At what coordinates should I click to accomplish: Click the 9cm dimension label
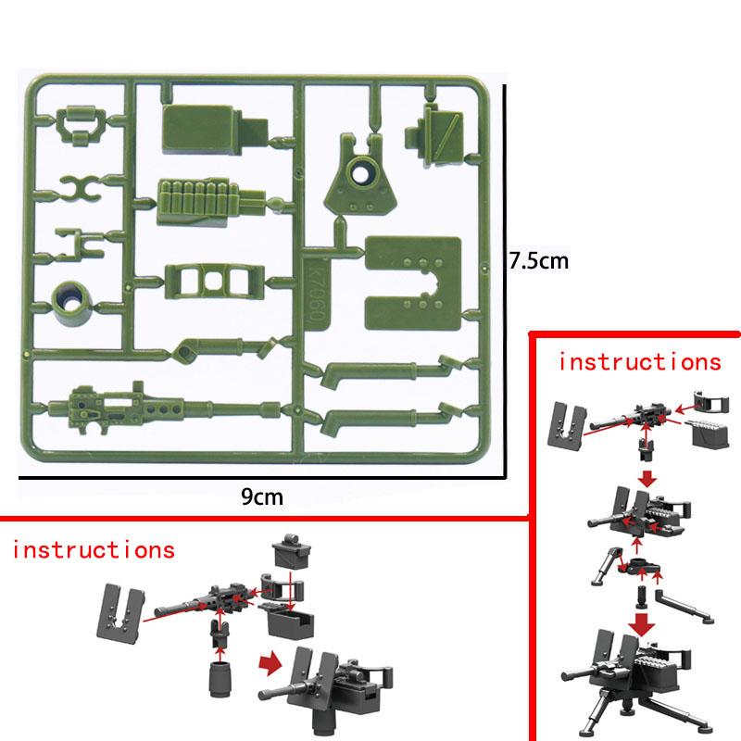click(x=261, y=497)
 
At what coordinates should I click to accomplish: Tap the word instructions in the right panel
click(x=638, y=362)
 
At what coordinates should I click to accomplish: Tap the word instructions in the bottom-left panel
click(x=94, y=549)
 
